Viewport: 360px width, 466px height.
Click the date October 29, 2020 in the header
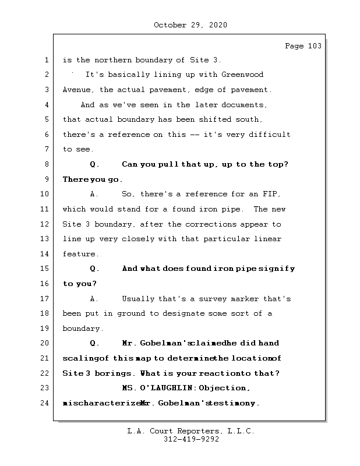190,25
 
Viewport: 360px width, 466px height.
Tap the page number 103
313,46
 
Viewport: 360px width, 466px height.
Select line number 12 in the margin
47,224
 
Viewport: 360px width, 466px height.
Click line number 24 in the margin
47,403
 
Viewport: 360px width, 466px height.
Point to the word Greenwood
242,75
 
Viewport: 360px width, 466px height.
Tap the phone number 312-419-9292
190,440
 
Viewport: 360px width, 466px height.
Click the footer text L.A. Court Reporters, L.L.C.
190,432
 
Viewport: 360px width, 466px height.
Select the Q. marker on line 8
95,165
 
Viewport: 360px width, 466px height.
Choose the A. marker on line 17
95,299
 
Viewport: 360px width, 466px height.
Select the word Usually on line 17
138,299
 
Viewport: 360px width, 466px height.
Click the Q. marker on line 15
95,269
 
